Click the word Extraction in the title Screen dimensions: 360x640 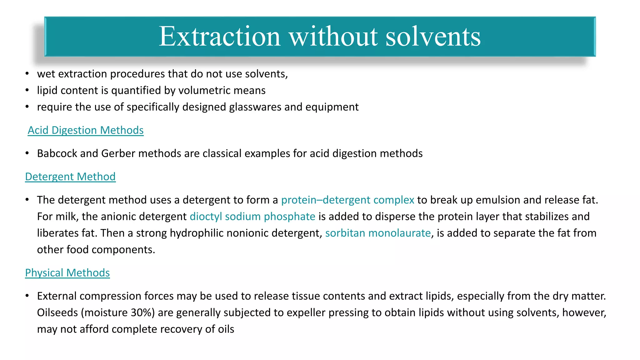[219, 37]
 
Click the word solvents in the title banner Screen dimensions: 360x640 [433, 37]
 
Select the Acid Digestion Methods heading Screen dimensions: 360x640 [86, 130]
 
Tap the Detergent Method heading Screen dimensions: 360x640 [70, 177]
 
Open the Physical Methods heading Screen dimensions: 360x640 [67, 273]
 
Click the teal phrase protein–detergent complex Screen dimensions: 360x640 [347, 200]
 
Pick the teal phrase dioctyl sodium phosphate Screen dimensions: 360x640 [252, 217]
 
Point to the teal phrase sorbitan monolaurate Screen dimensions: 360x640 [378, 233]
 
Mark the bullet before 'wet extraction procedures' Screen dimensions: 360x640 [27, 74]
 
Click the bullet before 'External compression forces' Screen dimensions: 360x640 [27, 296]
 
